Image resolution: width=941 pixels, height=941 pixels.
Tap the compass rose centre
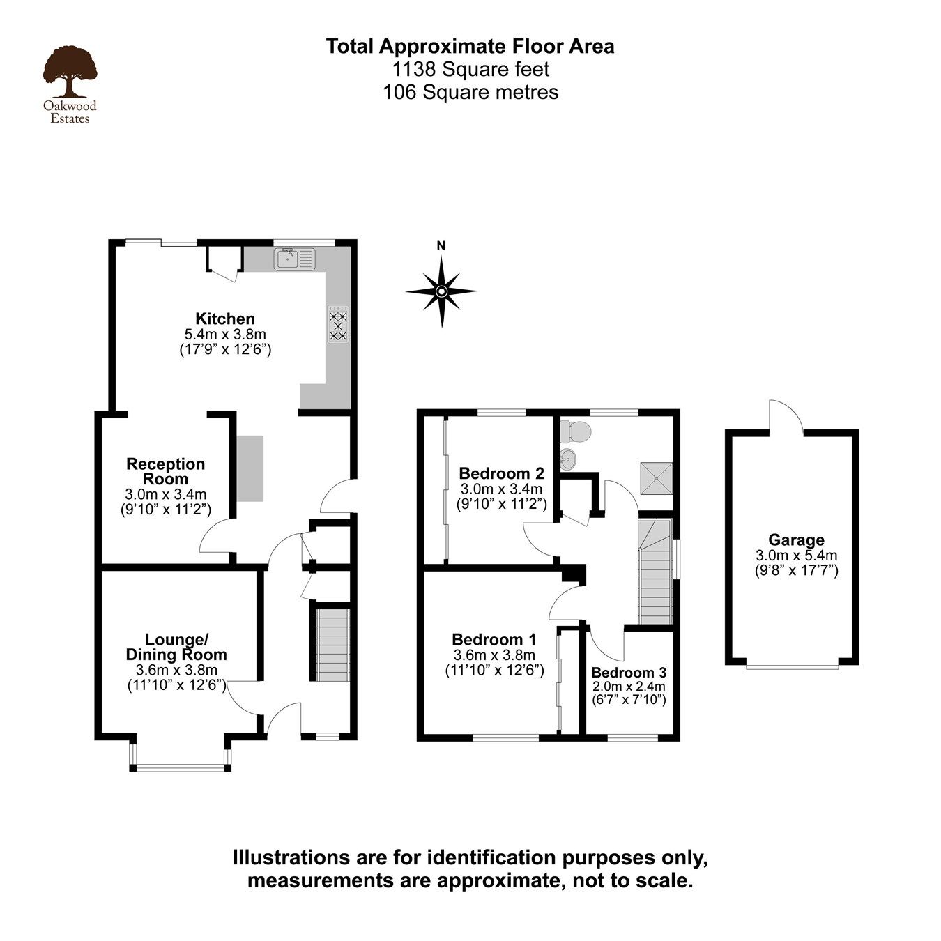pyautogui.click(x=441, y=291)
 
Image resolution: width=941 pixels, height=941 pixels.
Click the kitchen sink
pyautogui.click(x=296, y=259)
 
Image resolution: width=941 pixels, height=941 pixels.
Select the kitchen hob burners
pyautogui.click(x=339, y=324)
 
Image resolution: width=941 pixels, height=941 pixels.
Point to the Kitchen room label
pyautogui.click(x=224, y=319)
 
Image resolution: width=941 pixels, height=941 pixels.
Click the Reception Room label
pyautogui.click(x=166, y=472)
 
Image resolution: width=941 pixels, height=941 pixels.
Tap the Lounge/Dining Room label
pyautogui.click(x=176, y=647)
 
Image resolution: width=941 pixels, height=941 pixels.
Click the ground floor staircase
pyautogui.click(x=332, y=645)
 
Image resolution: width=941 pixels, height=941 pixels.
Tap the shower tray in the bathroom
pyautogui.click(x=656, y=477)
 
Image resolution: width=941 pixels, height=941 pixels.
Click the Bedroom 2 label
pyautogui.click(x=501, y=473)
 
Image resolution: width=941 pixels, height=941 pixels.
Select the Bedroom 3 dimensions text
pyautogui.click(x=629, y=693)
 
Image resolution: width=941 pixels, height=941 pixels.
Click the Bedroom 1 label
pyautogui.click(x=494, y=639)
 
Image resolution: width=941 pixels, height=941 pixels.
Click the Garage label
pyautogui.click(x=796, y=540)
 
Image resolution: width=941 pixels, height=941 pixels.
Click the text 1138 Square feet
pyautogui.click(x=470, y=69)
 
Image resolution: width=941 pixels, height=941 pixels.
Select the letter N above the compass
pyautogui.click(x=441, y=245)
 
